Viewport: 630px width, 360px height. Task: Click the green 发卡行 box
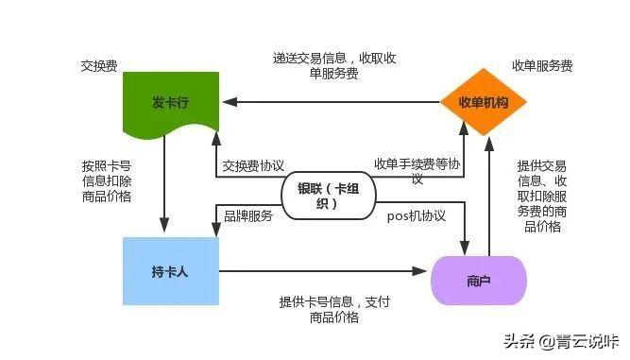tap(171, 102)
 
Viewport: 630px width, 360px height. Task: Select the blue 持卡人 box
tap(171, 271)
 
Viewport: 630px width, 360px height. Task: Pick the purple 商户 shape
tap(478, 280)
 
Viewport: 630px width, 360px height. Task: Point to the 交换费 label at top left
tap(98, 68)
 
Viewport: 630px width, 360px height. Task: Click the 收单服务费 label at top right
tap(542, 66)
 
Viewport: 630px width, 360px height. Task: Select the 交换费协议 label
tap(252, 164)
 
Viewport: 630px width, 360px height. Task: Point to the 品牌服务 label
tap(247, 215)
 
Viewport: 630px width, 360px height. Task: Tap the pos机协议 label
tap(417, 215)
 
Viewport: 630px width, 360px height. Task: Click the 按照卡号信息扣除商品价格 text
tap(106, 180)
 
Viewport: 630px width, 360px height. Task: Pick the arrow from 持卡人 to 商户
tap(321, 271)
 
